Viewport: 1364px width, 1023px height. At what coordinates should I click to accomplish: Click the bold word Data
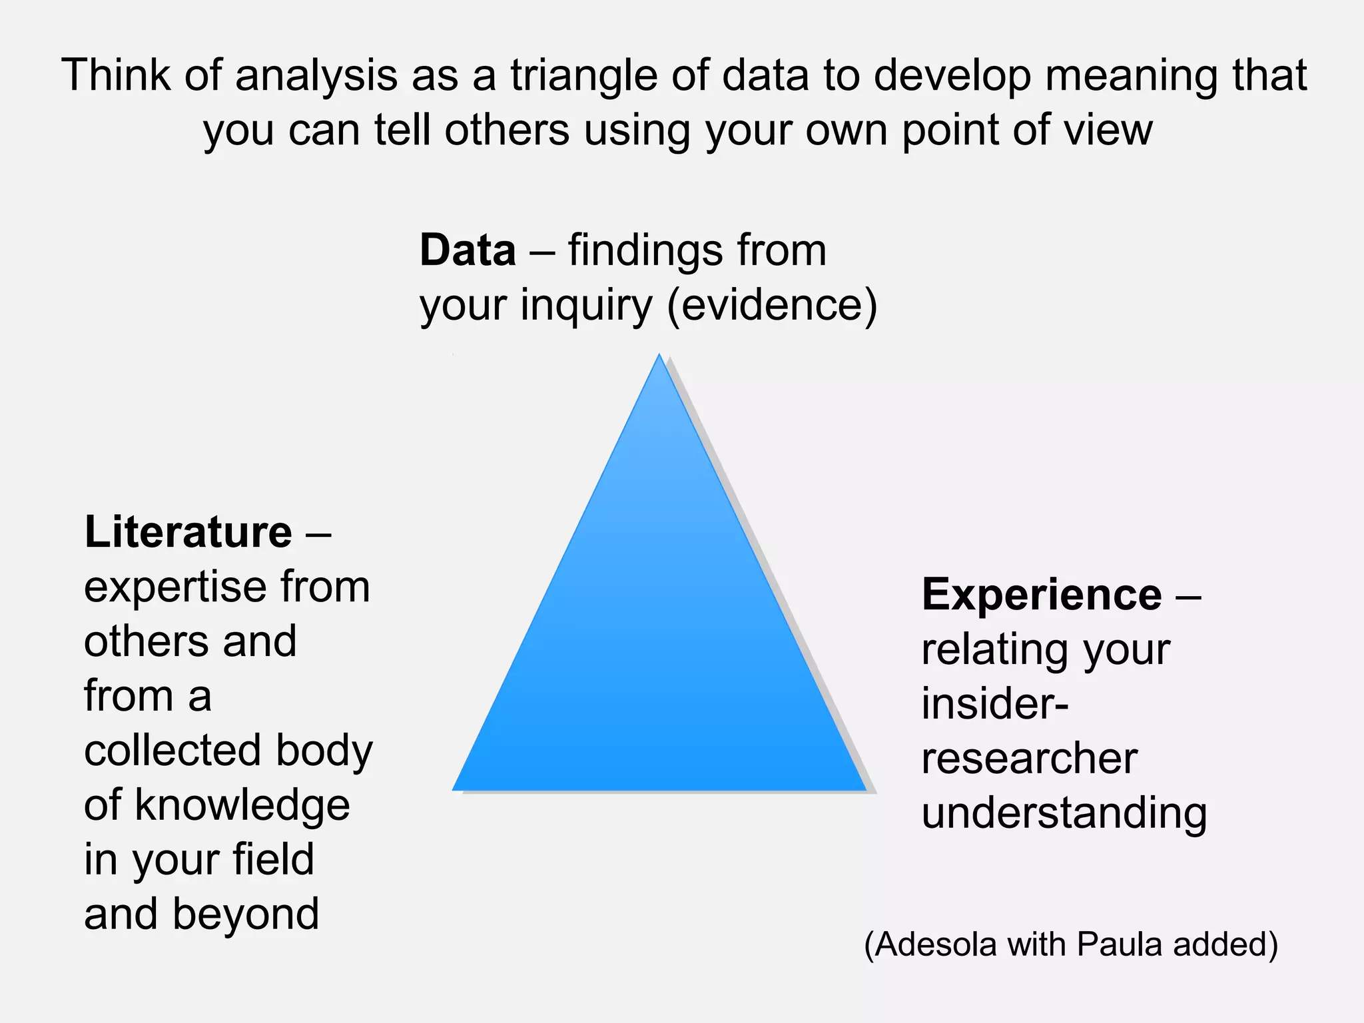(x=467, y=250)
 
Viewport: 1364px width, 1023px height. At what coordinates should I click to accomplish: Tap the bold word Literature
(x=188, y=532)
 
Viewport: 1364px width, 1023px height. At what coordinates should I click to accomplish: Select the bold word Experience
(x=1042, y=594)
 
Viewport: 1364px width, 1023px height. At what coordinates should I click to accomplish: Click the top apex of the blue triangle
(x=659, y=356)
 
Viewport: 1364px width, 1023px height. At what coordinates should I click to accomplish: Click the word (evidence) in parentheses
(x=772, y=305)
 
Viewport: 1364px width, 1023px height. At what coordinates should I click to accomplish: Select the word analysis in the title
(x=316, y=75)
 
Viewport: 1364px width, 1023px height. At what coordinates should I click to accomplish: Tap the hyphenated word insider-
(x=995, y=703)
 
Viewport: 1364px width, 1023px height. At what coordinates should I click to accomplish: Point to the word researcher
(x=1029, y=758)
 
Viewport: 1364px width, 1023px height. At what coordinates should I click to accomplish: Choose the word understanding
(x=1064, y=814)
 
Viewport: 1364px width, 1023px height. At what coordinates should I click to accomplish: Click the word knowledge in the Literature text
(x=242, y=805)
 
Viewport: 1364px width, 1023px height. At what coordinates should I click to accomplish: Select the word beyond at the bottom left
(x=246, y=914)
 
